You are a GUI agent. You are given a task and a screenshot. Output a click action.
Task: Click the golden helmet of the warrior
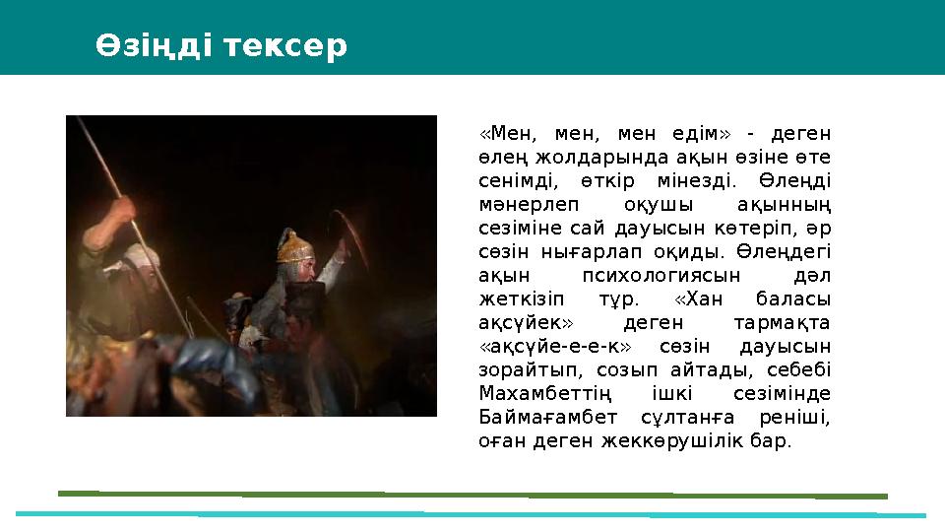[291, 244]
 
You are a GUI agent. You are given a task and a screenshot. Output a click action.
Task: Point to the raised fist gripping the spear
[125, 208]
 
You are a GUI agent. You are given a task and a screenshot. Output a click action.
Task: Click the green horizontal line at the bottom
[472, 494]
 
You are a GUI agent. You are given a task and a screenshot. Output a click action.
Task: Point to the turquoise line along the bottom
[472, 513]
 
